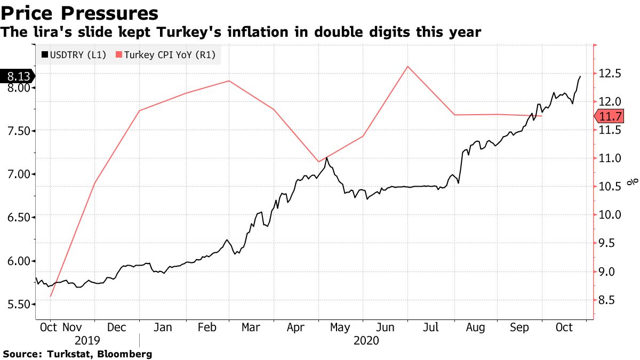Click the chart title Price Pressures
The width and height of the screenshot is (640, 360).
(x=81, y=13)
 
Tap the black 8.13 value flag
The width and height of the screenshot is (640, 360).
(x=18, y=76)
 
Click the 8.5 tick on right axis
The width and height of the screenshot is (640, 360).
(x=606, y=300)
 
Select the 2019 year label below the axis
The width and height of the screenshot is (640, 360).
(x=87, y=340)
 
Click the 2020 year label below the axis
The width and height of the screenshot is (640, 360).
(x=366, y=340)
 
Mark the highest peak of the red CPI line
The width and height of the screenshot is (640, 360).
(x=408, y=66)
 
